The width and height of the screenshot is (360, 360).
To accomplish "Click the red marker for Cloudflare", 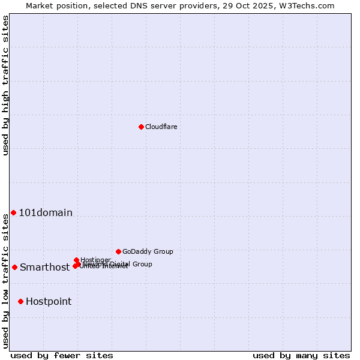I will (x=141, y=127).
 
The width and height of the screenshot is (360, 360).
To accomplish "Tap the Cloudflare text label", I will (x=161, y=127).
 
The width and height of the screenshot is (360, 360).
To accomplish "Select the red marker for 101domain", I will (x=13, y=212).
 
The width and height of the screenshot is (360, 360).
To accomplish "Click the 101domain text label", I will (x=46, y=212).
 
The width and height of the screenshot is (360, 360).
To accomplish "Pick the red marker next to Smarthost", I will (x=14, y=267).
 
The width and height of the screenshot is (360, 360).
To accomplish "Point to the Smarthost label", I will (x=45, y=268).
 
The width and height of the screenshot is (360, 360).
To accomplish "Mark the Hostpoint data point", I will (x=20, y=301).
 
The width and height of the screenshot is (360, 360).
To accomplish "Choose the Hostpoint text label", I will (x=49, y=302).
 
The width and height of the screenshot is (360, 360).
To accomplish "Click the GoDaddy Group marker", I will (x=118, y=251).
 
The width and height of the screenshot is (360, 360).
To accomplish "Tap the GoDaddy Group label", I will (x=148, y=251).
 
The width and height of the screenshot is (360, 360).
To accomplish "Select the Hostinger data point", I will (x=76, y=260).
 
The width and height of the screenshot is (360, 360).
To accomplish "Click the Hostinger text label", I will (x=95, y=260).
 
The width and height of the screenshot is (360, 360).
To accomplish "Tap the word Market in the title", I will (x=40, y=5).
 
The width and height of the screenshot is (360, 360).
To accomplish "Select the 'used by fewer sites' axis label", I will (x=62, y=355).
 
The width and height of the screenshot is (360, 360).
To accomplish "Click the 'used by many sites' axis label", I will (x=301, y=355).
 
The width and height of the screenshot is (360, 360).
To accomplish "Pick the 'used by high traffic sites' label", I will (x=5, y=86).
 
